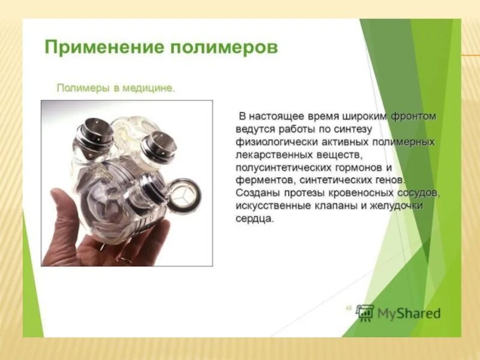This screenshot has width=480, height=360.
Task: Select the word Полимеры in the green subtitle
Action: pyautogui.click(x=82, y=88)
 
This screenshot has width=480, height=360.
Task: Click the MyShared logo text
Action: pyautogui.click(x=409, y=313)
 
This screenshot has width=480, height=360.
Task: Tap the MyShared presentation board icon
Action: pyautogui.click(x=365, y=313)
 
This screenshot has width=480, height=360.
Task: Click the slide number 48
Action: pyautogui.click(x=348, y=308)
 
